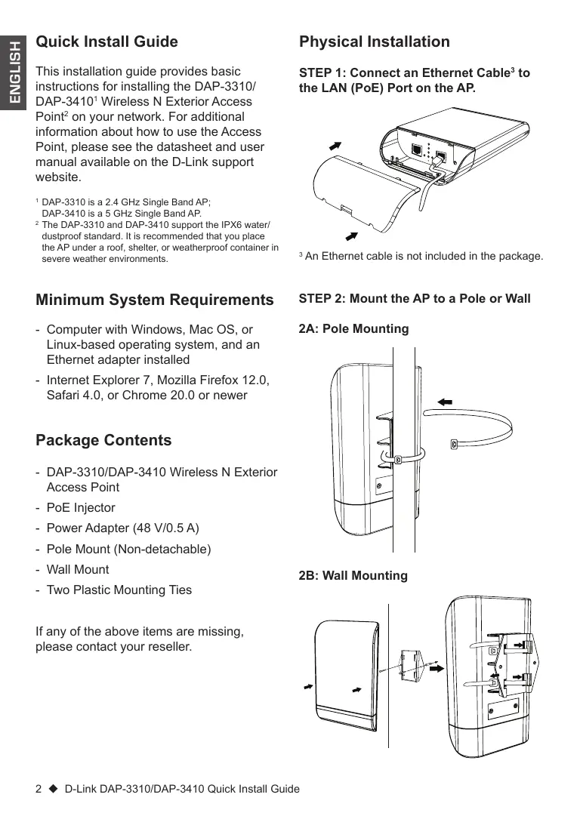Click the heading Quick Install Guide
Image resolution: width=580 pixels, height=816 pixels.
(106, 42)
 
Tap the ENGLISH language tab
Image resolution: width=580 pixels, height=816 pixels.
(14, 72)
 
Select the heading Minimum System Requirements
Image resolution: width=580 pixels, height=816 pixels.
(155, 300)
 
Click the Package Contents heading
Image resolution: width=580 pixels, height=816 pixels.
(103, 440)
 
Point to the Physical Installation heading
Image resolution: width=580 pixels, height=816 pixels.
(375, 42)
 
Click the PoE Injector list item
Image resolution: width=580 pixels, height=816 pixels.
(81, 508)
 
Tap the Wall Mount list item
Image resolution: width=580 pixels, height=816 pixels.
(78, 569)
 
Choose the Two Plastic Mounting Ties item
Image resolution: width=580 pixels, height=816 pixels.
(119, 590)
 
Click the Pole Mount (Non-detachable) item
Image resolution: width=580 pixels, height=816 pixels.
(128, 549)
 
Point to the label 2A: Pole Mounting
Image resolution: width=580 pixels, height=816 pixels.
(353, 329)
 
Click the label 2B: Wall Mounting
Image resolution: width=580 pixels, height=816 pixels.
(353, 576)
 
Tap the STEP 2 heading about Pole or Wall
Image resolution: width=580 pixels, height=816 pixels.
(415, 299)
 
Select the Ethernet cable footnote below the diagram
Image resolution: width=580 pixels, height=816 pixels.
(421, 257)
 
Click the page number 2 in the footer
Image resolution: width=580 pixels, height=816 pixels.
(39, 789)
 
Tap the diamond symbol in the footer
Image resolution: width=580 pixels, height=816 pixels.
(53, 789)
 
